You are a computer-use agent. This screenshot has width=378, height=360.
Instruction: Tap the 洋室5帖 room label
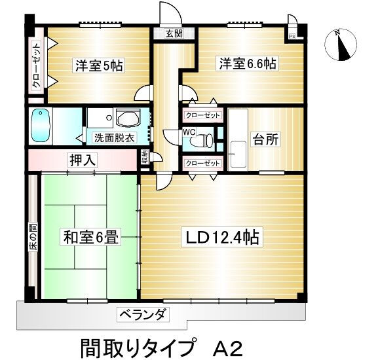pos(98,65)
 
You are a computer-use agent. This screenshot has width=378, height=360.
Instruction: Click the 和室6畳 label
pos(91,236)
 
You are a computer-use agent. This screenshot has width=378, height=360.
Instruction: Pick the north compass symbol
pos(339,45)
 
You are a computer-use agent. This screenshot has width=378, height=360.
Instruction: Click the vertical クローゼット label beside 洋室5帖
pos(36,65)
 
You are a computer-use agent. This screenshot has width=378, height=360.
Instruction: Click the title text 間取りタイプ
pos(138,344)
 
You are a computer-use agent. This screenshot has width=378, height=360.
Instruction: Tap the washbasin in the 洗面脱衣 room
pos(127,118)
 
